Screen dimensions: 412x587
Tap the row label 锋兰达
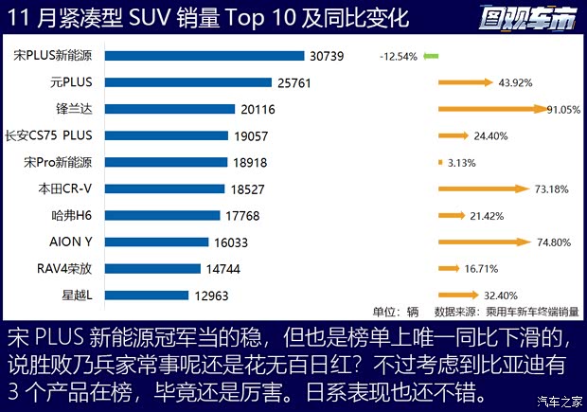tap(79, 109)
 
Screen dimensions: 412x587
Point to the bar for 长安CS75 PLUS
tap(164, 135)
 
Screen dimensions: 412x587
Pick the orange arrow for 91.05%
tap(492, 109)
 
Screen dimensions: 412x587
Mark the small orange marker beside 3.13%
tap(441, 162)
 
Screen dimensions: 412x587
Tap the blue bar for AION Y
tap(155, 242)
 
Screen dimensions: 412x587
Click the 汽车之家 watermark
tap(558, 400)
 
